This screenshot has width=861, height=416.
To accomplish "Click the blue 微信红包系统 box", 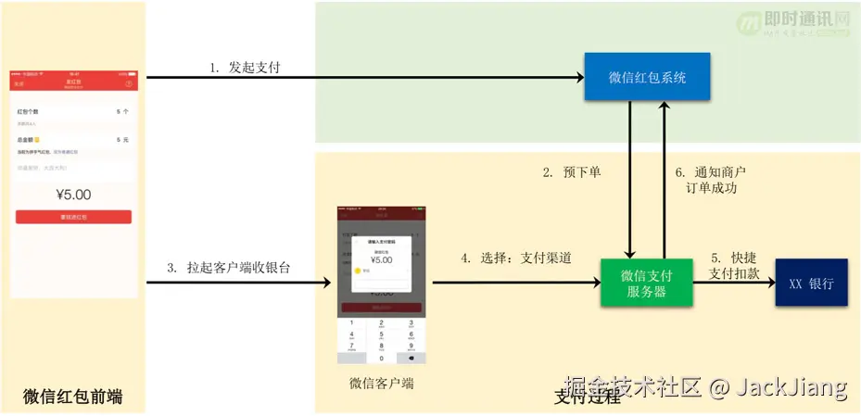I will coord(647,78).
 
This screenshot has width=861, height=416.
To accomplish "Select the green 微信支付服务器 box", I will coord(647,283).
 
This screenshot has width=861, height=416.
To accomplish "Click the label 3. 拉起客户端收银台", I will coord(229,268).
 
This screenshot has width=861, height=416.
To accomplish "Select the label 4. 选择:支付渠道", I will coord(516,258).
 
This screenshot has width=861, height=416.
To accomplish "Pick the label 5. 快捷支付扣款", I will coord(734,265).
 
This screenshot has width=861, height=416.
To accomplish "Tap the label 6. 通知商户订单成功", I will coord(711,181).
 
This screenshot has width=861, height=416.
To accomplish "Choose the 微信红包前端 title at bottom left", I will coord(73,397).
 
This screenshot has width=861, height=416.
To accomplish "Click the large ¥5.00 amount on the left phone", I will coord(73,195).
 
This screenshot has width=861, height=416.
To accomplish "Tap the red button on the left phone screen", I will coord(73,217).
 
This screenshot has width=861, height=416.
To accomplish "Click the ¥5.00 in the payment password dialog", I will coord(379,259).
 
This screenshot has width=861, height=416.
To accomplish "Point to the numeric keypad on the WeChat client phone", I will coord(381,340).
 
